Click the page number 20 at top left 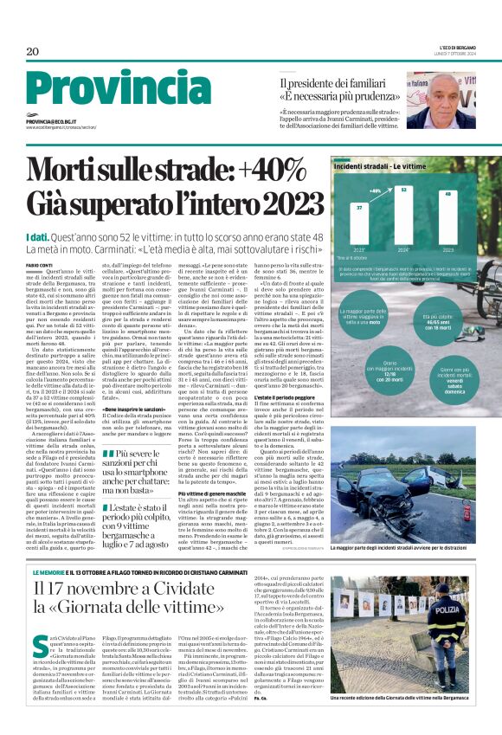pos(32,52)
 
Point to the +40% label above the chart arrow pos(375,190)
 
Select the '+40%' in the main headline pos(260,171)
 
